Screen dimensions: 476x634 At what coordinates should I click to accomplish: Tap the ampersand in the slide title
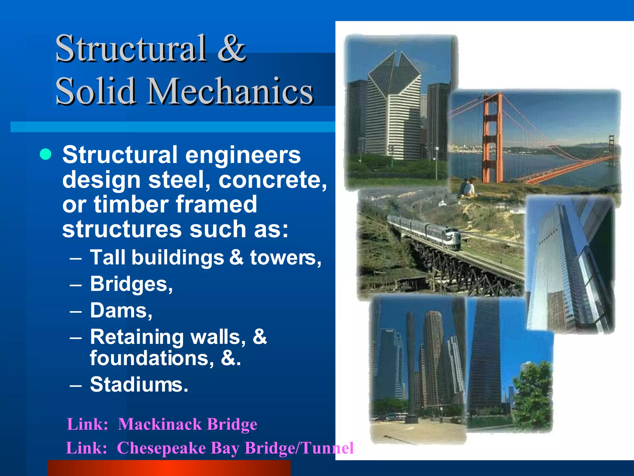(231, 48)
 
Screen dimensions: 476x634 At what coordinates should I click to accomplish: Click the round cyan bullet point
(46, 154)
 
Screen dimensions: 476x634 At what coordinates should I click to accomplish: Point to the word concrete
(272, 180)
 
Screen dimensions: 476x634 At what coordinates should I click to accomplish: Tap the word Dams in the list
(121, 311)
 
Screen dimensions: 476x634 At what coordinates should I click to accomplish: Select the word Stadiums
(139, 385)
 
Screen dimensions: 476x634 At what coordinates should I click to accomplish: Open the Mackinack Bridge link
(187, 424)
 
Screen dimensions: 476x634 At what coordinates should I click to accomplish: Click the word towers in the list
(285, 258)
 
